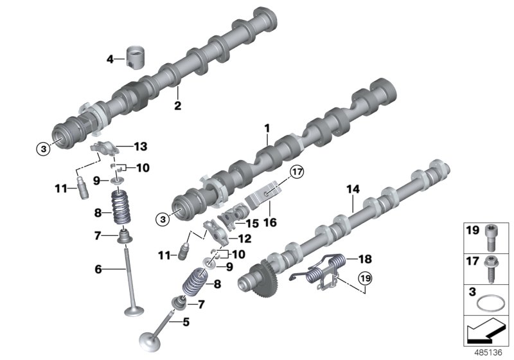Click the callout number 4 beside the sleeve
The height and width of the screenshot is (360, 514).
click(110, 60)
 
